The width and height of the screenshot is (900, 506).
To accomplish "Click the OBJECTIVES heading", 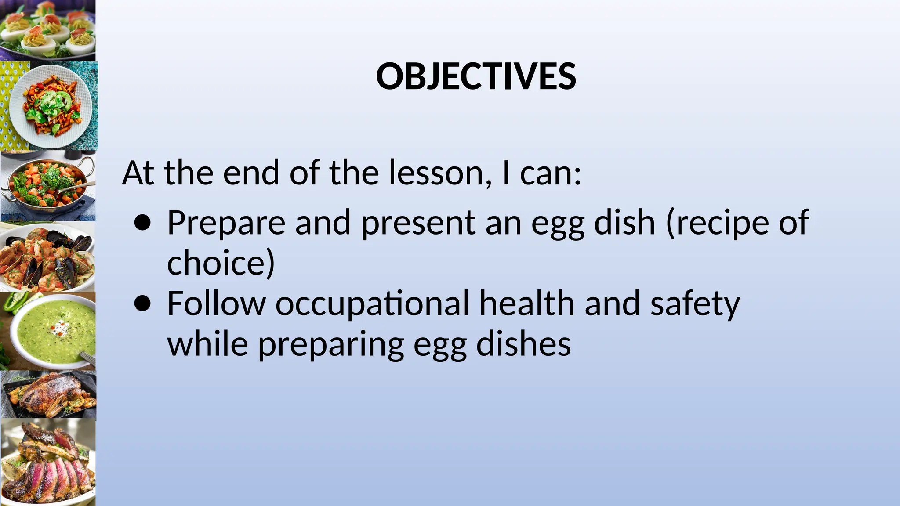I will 476,76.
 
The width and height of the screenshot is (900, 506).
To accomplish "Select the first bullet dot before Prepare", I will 143,223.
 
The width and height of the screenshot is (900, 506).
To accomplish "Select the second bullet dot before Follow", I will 143,304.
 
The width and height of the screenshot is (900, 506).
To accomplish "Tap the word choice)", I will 221,263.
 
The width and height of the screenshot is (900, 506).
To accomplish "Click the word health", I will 526,303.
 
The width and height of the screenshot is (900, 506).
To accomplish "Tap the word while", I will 207,344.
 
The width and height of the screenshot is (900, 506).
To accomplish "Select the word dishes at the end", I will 523,344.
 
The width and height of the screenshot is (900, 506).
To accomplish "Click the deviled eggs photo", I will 47,30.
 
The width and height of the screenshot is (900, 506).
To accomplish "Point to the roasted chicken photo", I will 47,394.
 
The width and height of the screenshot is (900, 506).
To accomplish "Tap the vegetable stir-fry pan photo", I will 47,186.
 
